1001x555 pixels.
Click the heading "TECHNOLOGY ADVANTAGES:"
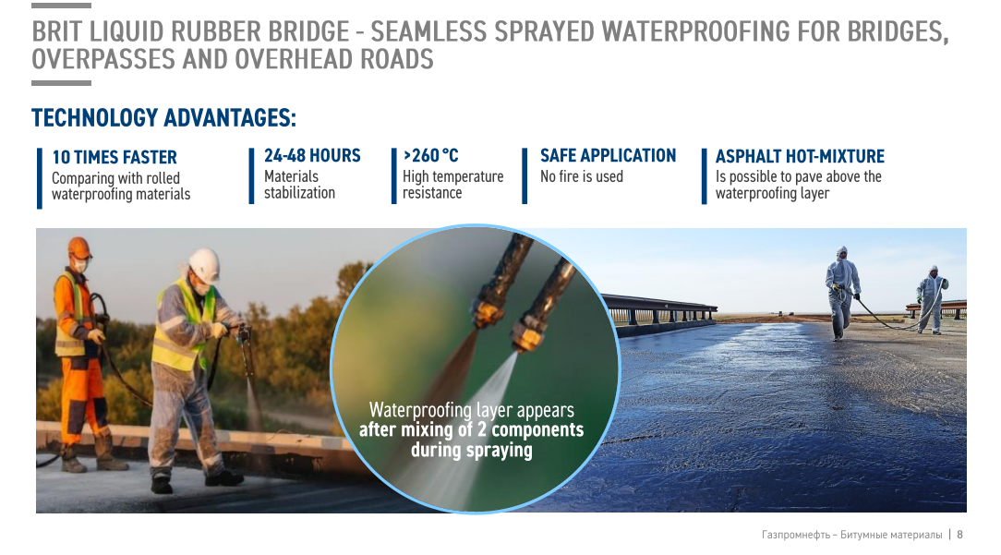pos(164,117)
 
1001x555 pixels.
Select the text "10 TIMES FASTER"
pos(115,157)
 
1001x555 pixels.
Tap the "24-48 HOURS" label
pos(312,155)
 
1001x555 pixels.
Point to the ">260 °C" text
pos(431,155)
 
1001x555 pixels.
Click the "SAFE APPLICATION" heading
pos(608,155)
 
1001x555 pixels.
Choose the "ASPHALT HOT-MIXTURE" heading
pos(800,156)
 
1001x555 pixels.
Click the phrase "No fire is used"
pos(582,176)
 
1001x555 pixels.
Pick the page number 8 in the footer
pos(959,534)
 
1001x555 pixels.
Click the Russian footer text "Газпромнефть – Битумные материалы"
pos(851,534)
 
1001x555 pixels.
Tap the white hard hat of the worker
pos(204,263)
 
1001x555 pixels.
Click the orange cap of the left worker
pos(79,247)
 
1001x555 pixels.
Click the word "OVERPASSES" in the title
pos(103,59)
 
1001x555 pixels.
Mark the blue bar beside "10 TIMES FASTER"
pos(40,178)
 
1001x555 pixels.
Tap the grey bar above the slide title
pos(61,6)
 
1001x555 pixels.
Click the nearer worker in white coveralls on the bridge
pos(843,293)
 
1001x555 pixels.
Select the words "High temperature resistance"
pos(452,185)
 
